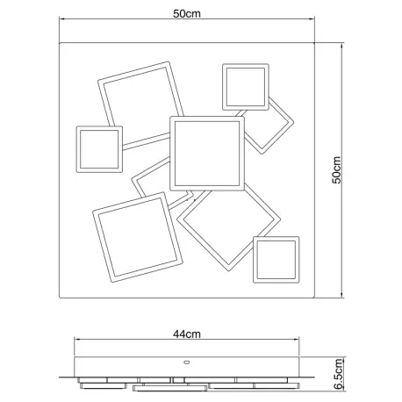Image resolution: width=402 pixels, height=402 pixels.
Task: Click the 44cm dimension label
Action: coord(187,334)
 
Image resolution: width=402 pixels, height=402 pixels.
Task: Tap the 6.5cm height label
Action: coord(338,374)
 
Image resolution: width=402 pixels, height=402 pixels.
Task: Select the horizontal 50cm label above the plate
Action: coord(187,14)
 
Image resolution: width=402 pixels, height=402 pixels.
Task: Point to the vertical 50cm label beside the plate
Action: coord(337,170)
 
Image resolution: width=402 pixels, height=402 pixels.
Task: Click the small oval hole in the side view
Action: coord(187,363)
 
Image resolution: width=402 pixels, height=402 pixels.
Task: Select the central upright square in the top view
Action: coord(207,118)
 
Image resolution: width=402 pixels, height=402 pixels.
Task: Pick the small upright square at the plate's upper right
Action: coord(246,66)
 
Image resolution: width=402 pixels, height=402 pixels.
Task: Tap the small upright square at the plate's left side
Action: coord(99,128)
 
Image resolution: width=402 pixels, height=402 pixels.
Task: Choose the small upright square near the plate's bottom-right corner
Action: coord(276,239)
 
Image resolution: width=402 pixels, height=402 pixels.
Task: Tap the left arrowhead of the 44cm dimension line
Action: coord(76,340)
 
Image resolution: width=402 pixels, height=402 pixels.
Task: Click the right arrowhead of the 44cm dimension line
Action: coord(297,340)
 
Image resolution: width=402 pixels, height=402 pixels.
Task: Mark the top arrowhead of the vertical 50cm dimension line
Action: coord(341,46)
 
